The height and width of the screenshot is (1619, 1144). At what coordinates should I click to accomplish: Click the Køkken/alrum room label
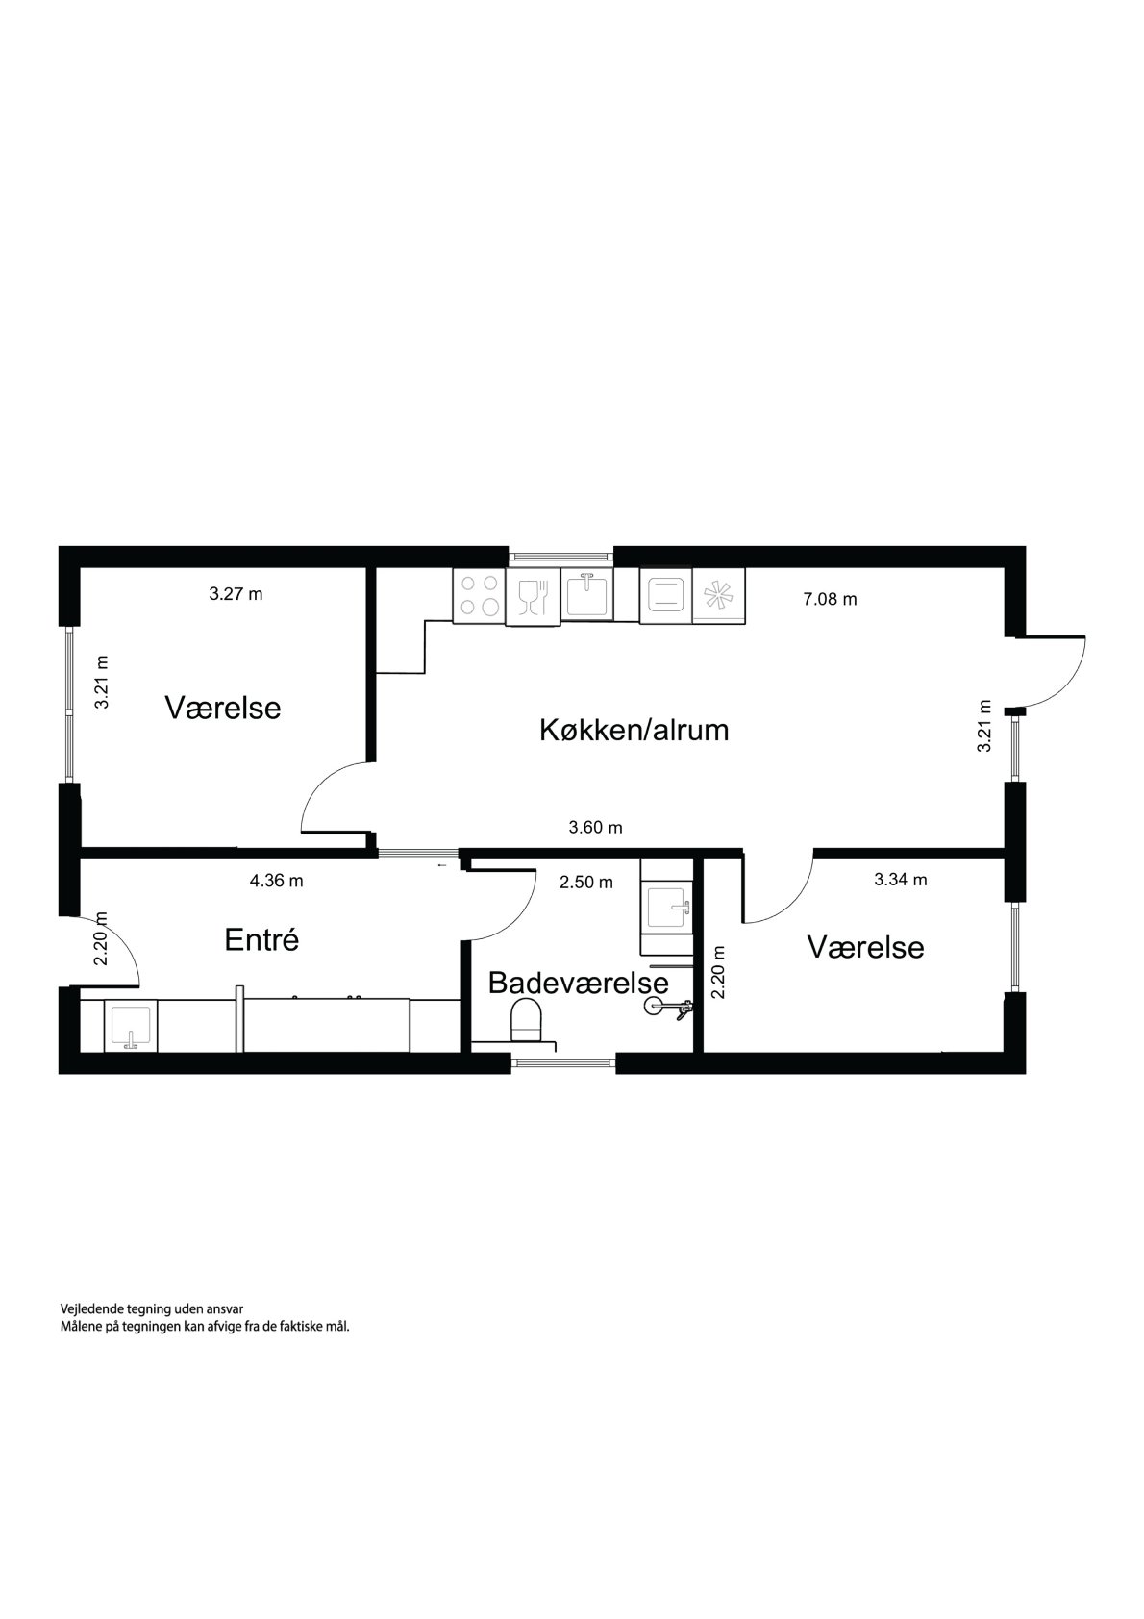point(634,730)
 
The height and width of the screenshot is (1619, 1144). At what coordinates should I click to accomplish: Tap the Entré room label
point(261,939)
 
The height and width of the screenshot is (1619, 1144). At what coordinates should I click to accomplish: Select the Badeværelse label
point(578,983)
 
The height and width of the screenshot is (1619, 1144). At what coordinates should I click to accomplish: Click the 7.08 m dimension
point(830,599)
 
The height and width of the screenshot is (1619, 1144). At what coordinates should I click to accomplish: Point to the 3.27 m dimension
point(236,594)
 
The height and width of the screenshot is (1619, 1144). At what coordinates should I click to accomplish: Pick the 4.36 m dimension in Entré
point(276,880)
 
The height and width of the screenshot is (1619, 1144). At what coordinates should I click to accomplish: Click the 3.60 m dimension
point(595,827)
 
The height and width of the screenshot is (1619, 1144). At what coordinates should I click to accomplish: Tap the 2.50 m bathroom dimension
point(585,882)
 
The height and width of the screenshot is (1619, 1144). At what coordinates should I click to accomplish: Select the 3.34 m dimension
point(900,879)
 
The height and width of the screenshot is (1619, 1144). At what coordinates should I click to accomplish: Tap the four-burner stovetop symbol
point(479,595)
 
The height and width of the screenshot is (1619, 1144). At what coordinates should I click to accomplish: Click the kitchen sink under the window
point(585,595)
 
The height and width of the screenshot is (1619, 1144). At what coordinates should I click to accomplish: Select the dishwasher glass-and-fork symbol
point(532,597)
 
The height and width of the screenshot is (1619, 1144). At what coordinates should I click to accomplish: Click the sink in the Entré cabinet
point(128,1026)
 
